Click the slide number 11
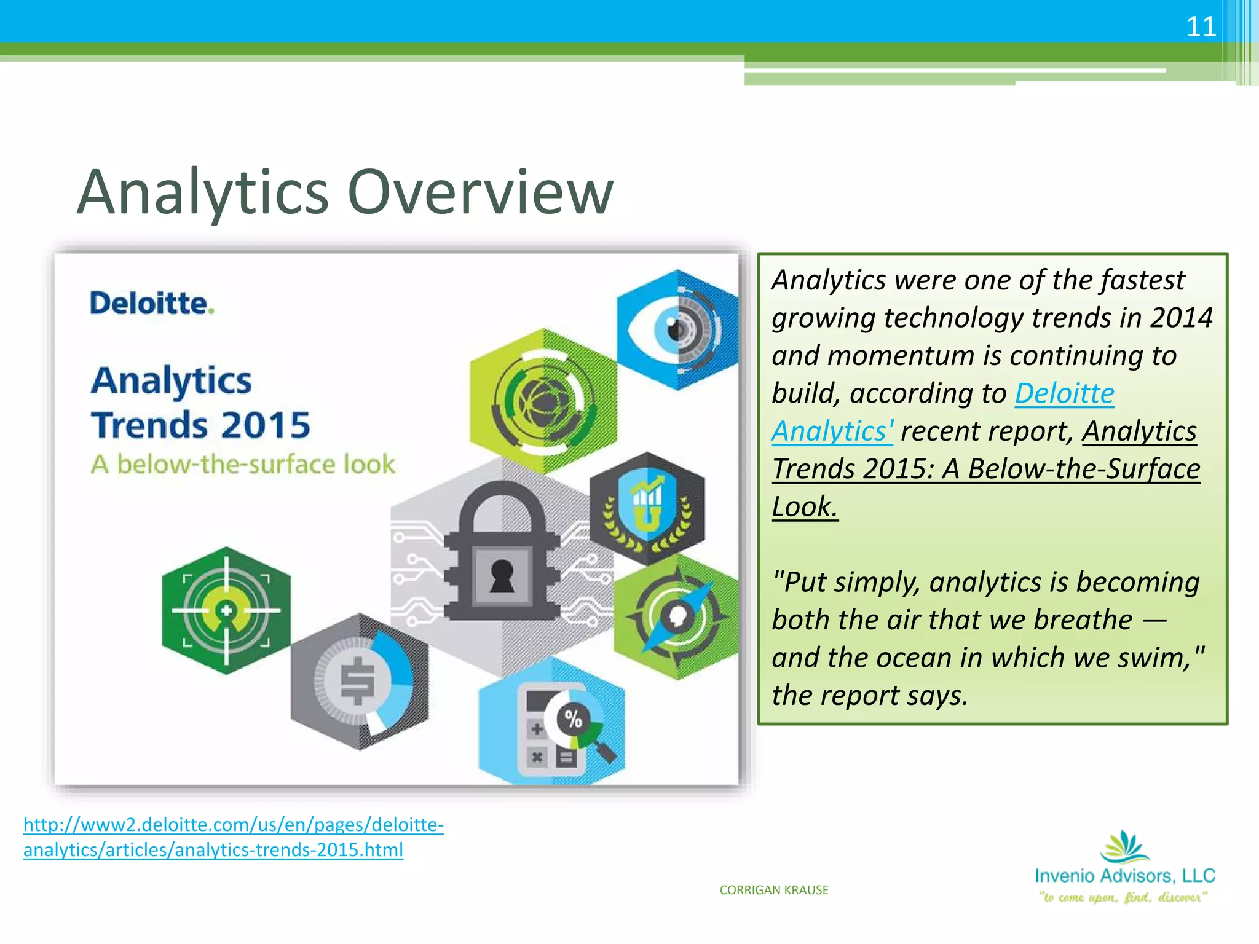[x=1201, y=27]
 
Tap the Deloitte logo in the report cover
[x=151, y=304]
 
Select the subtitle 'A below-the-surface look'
[x=243, y=465]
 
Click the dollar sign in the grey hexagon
[x=357, y=681]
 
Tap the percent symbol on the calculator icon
[x=573, y=718]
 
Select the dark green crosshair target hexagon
[x=226, y=611]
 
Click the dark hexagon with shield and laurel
[x=647, y=508]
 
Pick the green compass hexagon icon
[x=676, y=616]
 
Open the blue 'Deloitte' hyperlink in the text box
[x=1064, y=393]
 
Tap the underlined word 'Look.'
[x=804, y=507]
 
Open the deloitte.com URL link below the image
[x=233, y=837]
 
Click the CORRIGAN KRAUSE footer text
[x=774, y=890]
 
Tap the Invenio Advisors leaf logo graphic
[x=1124, y=847]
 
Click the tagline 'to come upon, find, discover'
[x=1124, y=897]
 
